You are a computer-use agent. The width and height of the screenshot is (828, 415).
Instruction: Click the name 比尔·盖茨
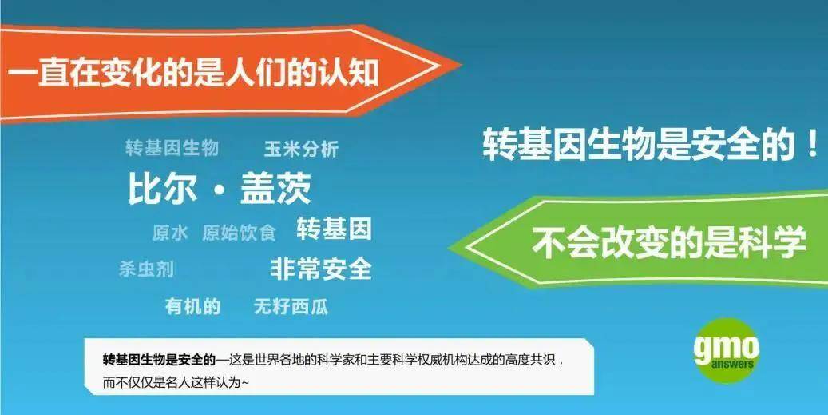220,188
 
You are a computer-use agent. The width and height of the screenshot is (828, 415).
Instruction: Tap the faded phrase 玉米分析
301,149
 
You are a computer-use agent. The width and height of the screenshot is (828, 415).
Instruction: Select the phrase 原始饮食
239,233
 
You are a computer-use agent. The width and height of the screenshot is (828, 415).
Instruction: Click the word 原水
170,233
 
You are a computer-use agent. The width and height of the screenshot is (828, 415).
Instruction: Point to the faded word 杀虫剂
146,269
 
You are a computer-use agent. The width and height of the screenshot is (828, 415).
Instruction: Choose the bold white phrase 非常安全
321,269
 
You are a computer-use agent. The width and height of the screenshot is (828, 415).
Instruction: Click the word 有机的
192,306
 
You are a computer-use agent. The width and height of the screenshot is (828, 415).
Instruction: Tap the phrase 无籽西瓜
291,306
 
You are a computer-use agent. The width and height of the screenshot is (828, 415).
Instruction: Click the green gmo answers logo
727,350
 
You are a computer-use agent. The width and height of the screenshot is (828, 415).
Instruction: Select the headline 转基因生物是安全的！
651,144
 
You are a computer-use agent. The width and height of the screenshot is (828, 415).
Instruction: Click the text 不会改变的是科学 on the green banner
669,242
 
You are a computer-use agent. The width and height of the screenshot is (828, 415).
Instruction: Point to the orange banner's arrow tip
461,66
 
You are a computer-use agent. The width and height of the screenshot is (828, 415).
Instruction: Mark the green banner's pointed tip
449,247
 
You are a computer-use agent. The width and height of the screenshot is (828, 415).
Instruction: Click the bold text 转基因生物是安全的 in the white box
159,361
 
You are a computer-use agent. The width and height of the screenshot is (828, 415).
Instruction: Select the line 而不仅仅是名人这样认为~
176,382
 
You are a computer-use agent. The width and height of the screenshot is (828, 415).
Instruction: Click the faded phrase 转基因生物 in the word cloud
172,147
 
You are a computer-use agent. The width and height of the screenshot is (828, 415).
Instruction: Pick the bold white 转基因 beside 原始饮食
335,229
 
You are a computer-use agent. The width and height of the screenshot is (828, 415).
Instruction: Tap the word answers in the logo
732,364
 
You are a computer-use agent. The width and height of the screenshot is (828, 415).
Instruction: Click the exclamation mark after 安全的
814,144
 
